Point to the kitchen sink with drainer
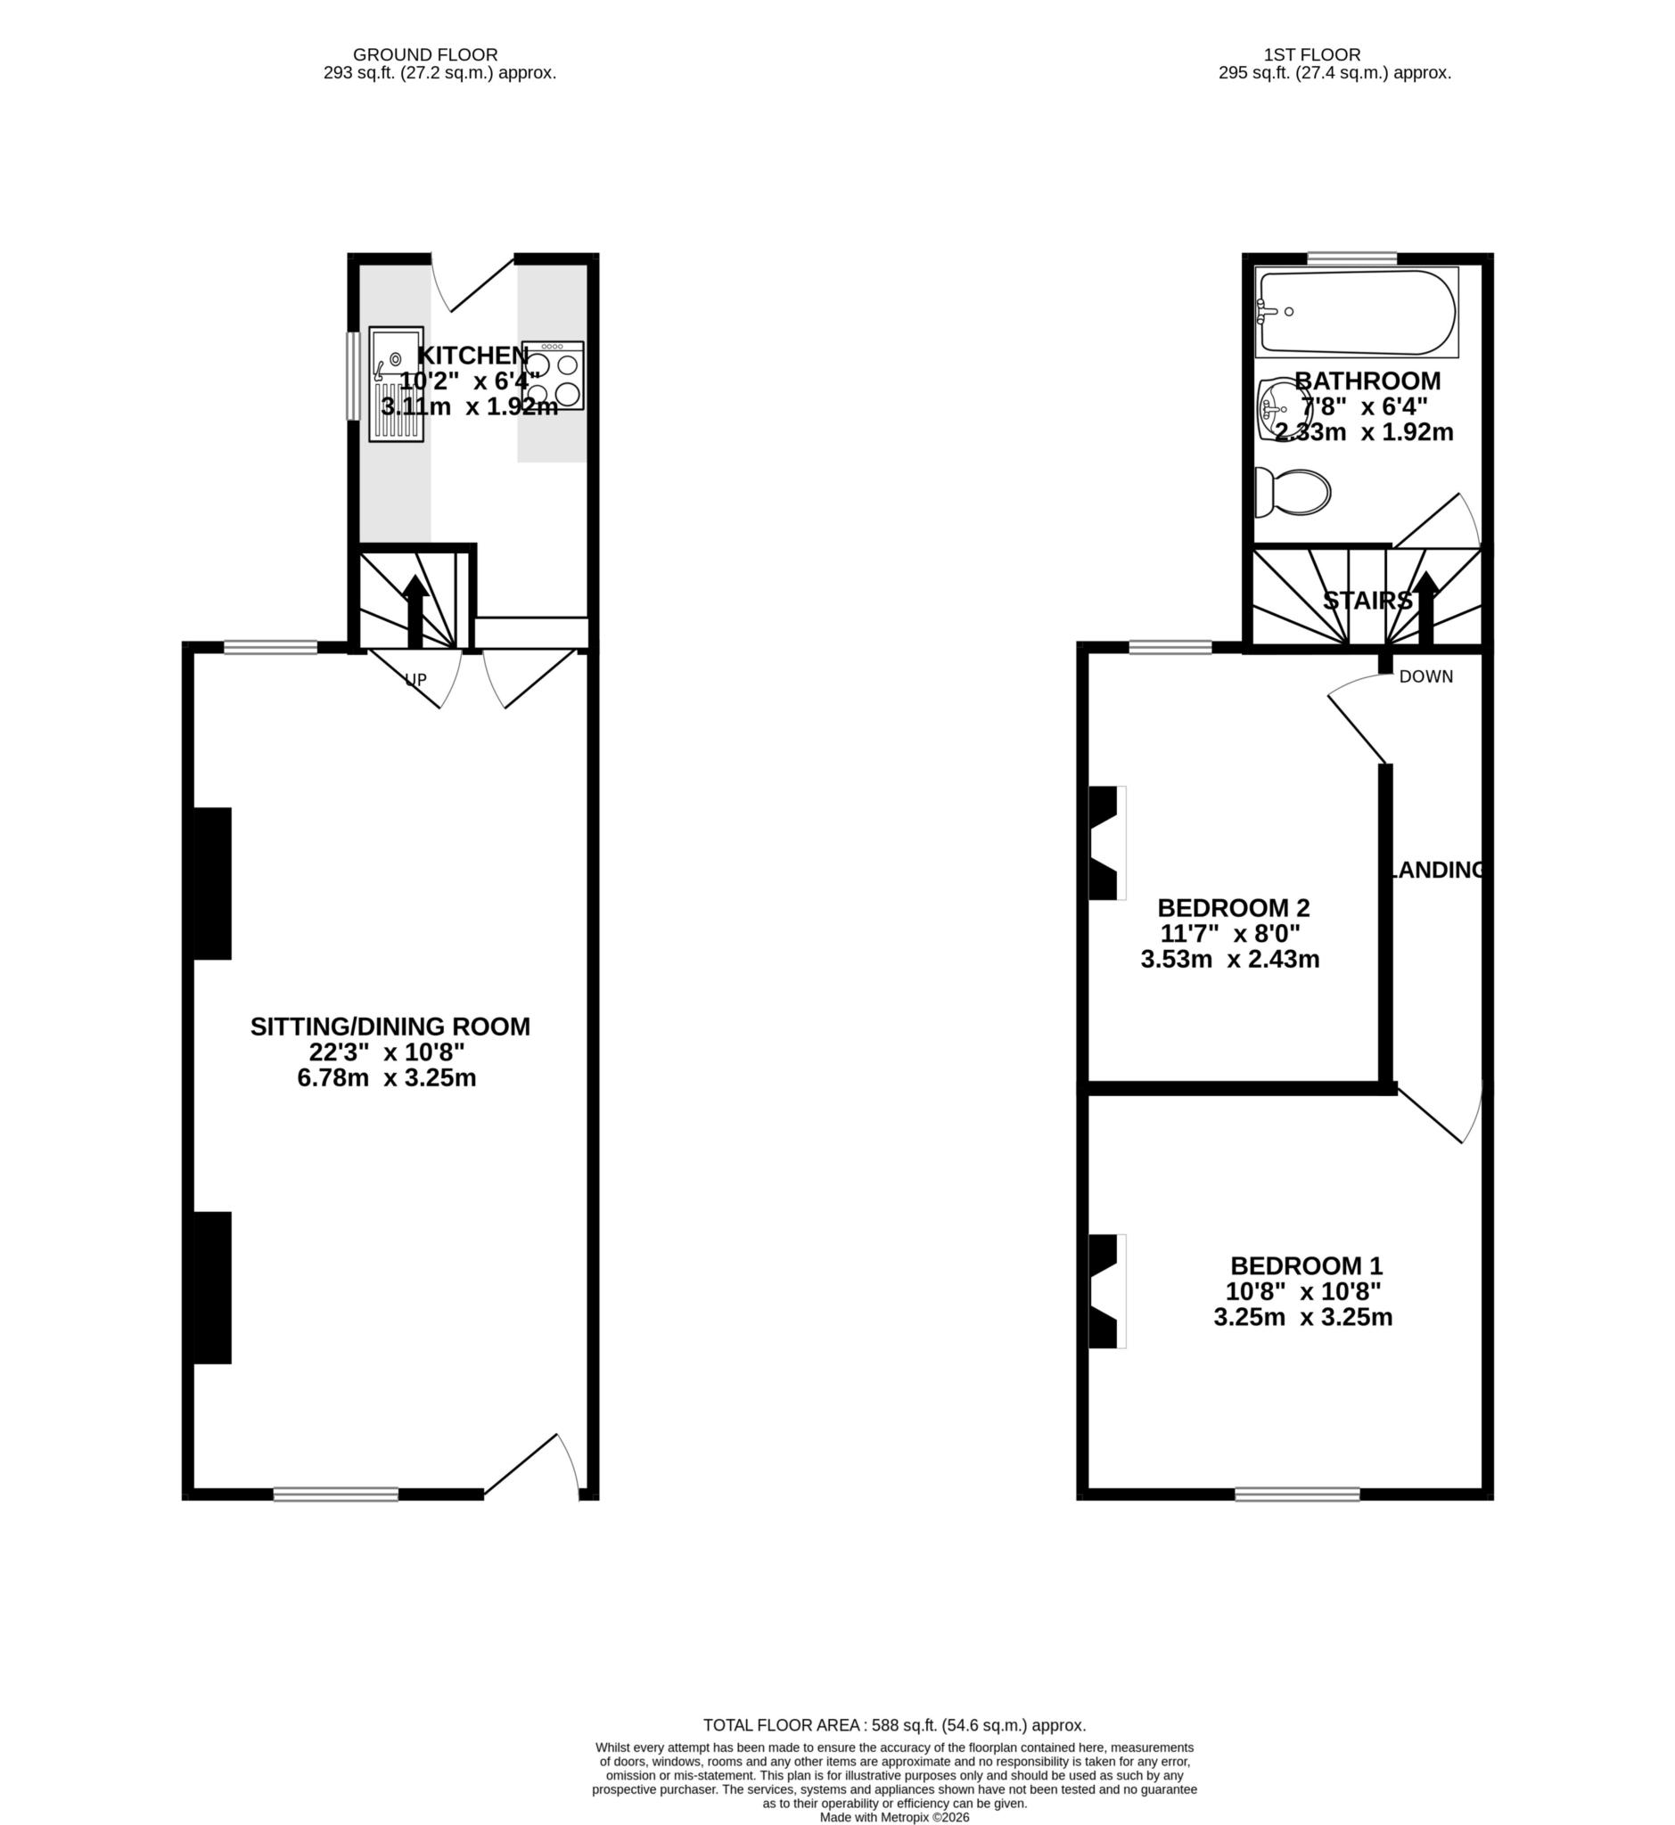pos(396,384)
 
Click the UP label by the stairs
pos(415,680)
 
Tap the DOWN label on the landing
pos(1425,677)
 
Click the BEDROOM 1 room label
pos(1306,1266)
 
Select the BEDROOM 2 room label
pos(1234,907)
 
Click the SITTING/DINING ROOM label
pos(390,1027)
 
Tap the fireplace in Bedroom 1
pos(1105,1291)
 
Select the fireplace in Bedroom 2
pos(1105,843)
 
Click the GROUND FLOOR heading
pos(425,54)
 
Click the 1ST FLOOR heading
pos(1311,54)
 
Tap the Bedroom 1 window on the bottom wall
pos(1297,1494)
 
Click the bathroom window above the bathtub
pos(1351,259)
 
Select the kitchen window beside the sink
pos(354,376)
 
